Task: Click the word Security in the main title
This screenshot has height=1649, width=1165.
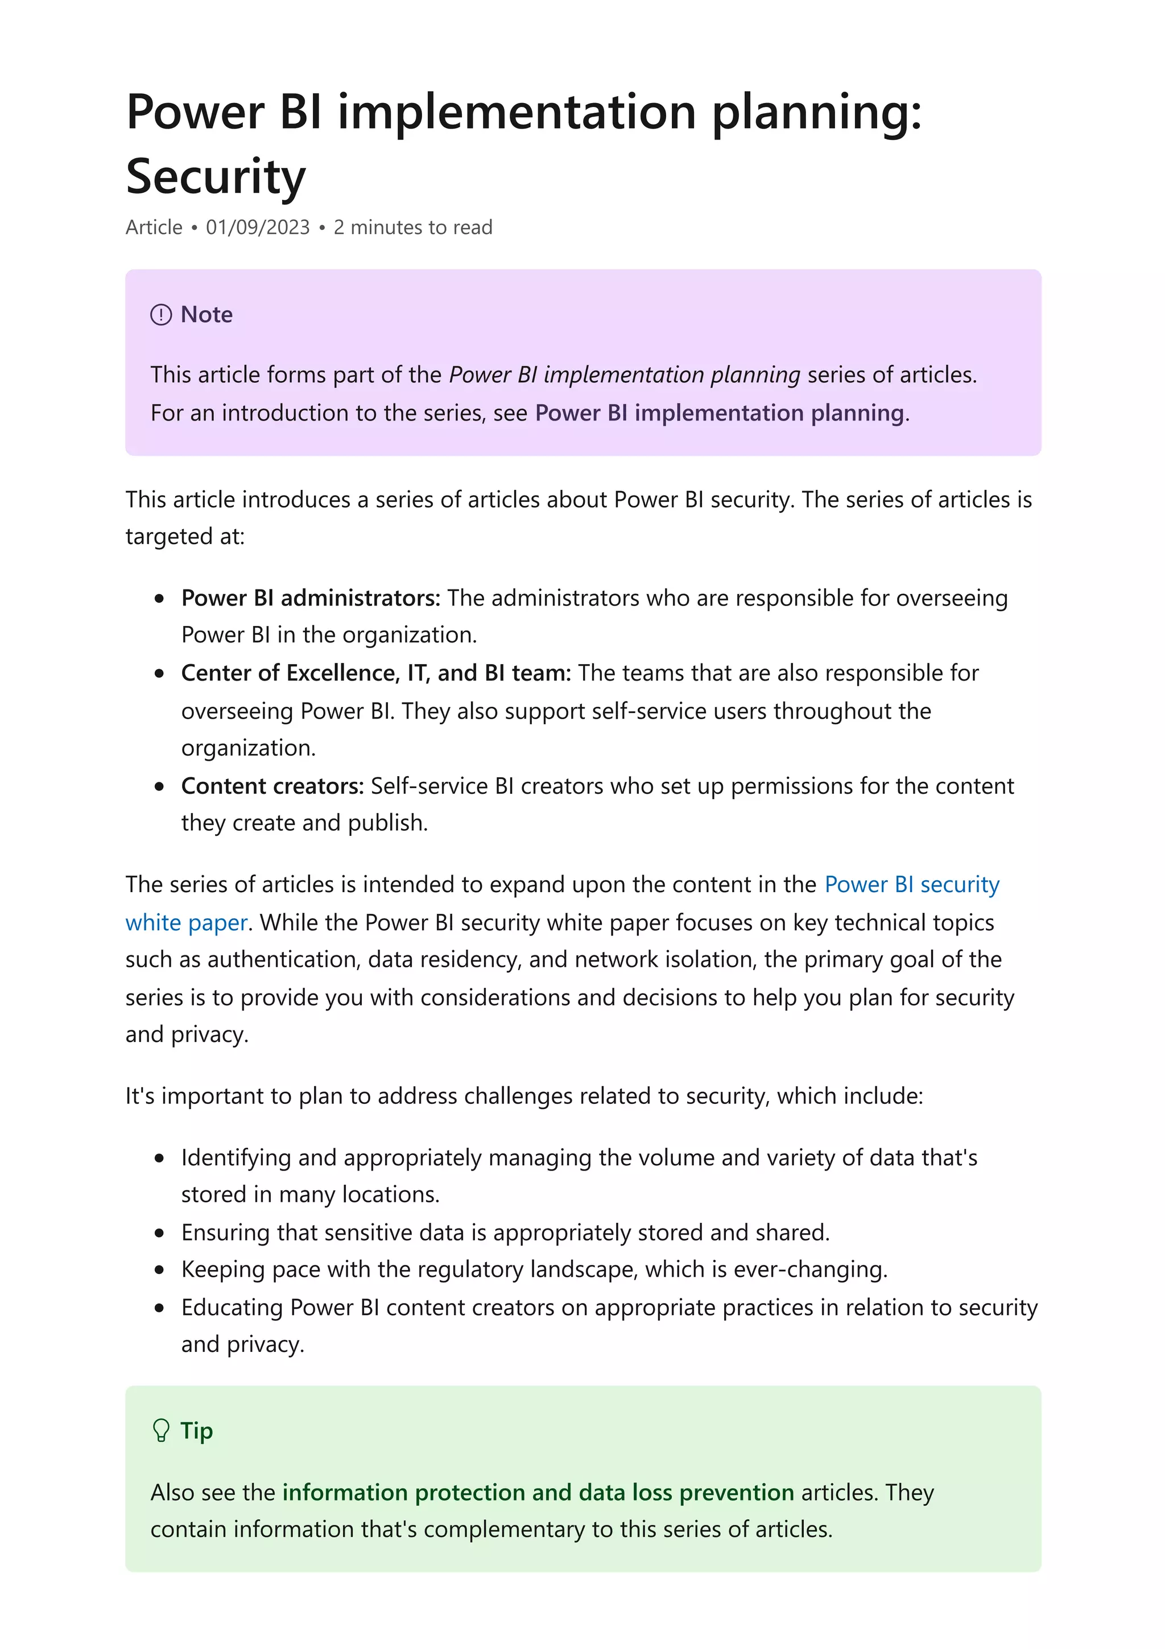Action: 216,176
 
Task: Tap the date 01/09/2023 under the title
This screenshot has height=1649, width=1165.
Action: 258,228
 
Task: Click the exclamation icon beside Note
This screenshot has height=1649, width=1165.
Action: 161,315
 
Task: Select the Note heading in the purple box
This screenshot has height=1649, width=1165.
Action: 206,315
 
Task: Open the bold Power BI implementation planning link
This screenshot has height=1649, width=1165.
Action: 719,413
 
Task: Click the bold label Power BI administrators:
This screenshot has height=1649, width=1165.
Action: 311,597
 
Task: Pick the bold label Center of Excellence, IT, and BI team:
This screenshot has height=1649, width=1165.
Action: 376,673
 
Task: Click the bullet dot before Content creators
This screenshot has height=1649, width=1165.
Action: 159,786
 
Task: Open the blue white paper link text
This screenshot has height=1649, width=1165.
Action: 187,922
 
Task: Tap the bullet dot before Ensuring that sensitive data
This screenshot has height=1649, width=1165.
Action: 159,1233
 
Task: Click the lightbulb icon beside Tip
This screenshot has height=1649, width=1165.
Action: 162,1430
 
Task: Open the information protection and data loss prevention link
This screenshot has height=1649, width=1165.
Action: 538,1493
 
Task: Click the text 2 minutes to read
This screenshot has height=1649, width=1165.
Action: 413,228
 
